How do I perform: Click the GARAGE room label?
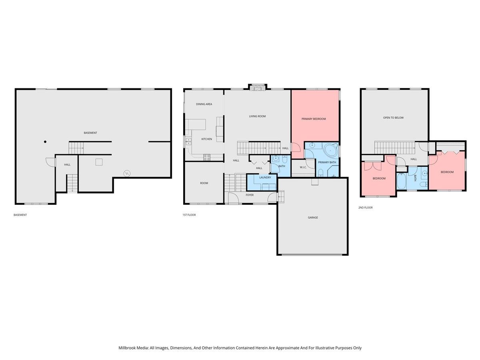[x=313, y=218]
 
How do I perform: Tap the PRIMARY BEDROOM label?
[x=314, y=119]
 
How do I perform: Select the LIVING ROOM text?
[x=257, y=116]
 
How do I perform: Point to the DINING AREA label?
[x=204, y=104]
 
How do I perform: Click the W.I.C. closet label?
[x=303, y=167]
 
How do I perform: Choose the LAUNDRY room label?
[x=265, y=177]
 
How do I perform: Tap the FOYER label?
[x=250, y=195]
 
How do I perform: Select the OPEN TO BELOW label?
[x=393, y=118]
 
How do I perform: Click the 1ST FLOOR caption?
[x=189, y=215]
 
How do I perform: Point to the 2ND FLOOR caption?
[x=366, y=208]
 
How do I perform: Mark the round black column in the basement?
[x=45, y=142]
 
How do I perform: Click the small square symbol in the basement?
[x=99, y=162]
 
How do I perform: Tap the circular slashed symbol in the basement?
[x=127, y=173]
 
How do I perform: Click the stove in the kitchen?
[x=207, y=158]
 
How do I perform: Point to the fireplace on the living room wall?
[x=257, y=87]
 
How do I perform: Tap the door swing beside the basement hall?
[x=50, y=162]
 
